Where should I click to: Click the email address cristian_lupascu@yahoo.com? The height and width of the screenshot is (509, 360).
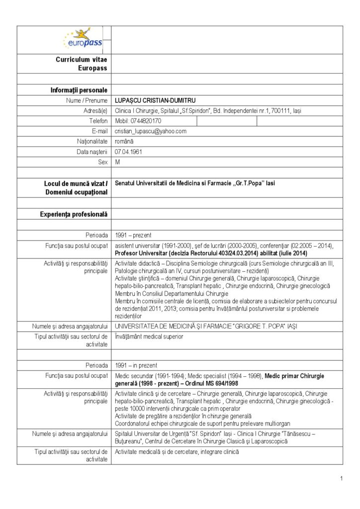click(x=150, y=131)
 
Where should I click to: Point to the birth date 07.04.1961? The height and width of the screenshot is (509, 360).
click(x=128, y=152)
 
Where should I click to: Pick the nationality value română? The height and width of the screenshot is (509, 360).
click(x=124, y=142)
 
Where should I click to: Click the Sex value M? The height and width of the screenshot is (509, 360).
click(x=117, y=162)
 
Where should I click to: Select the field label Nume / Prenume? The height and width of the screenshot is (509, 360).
click(x=87, y=100)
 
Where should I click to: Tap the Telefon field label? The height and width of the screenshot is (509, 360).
click(x=98, y=121)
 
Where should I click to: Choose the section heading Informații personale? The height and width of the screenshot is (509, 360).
click(x=79, y=90)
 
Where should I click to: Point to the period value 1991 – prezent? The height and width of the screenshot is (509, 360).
click(x=133, y=235)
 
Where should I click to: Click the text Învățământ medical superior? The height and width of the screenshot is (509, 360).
click(x=149, y=337)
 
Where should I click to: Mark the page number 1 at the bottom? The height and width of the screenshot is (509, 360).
click(x=342, y=478)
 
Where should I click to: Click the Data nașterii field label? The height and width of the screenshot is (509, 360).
click(x=92, y=152)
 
